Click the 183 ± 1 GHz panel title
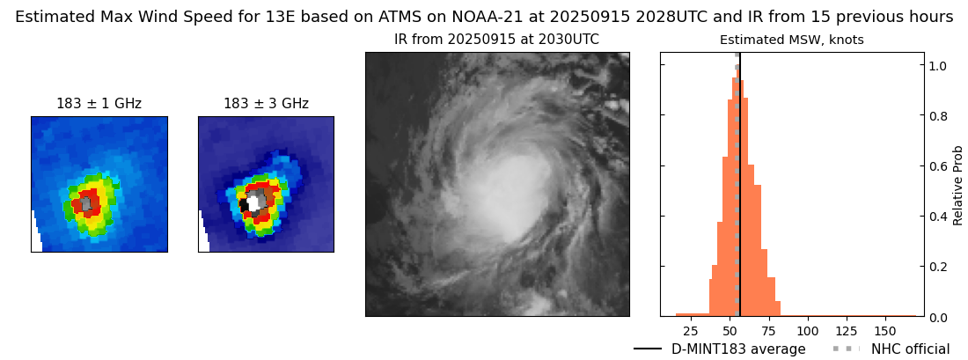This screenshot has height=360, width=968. (x=99, y=104)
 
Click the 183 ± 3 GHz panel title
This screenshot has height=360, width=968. (x=266, y=104)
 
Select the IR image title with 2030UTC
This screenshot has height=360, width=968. (x=496, y=40)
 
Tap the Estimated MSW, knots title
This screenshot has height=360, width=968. (x=791, y=40)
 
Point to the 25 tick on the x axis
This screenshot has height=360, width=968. (x=691, y=331)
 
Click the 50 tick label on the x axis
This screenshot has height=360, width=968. (x=730, y=331)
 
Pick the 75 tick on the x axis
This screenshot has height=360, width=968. (x=769, y=331)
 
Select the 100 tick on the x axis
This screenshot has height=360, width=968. (x=808, y=331)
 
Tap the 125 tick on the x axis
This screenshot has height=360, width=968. (x=847, y=331)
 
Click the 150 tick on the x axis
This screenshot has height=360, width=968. (x=885, y=331)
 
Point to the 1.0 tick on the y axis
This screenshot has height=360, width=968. (x=938, y=65)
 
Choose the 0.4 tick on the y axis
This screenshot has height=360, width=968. (x=938, y=216)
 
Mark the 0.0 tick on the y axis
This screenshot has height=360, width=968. (x=938, y=316)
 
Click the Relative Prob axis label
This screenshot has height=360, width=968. (x=958, y=185)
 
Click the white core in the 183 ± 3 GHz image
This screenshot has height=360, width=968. (x=253, y=203)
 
